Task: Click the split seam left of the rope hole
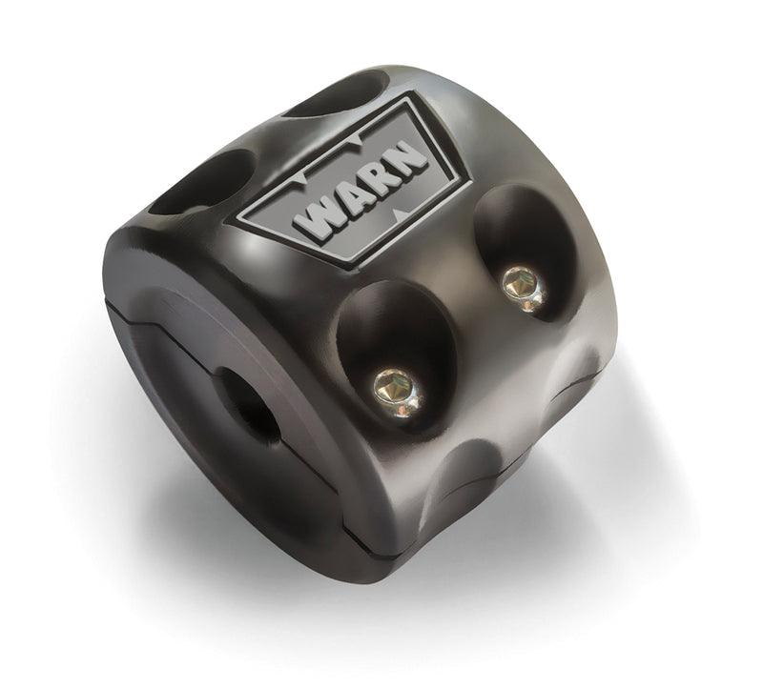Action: pos(153,314)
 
